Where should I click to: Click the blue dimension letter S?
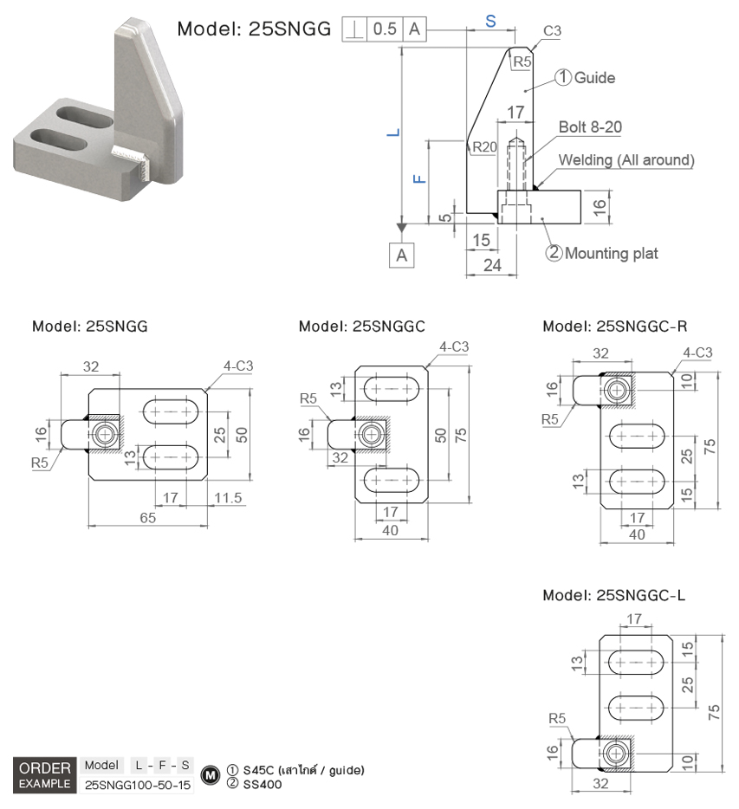click(490, 22)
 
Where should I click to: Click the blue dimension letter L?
click(392, 133)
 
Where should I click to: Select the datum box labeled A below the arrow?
click(401, 255)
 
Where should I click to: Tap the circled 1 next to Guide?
click(562, 78)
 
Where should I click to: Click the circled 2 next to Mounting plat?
click(554, 253)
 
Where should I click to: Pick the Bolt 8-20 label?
click(590, 127)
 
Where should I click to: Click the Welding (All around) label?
click(626, 160)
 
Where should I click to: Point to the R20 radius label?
click(484, 147)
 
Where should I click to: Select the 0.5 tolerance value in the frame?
click(384, 29)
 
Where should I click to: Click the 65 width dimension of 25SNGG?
click(147, 518)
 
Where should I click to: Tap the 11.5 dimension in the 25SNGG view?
click(228, 497)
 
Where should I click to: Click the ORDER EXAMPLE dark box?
click(44, 775)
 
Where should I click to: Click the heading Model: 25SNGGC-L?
click(614, 596)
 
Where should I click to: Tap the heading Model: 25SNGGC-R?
click(615, 326)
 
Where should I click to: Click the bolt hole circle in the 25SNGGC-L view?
click(615, 754)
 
